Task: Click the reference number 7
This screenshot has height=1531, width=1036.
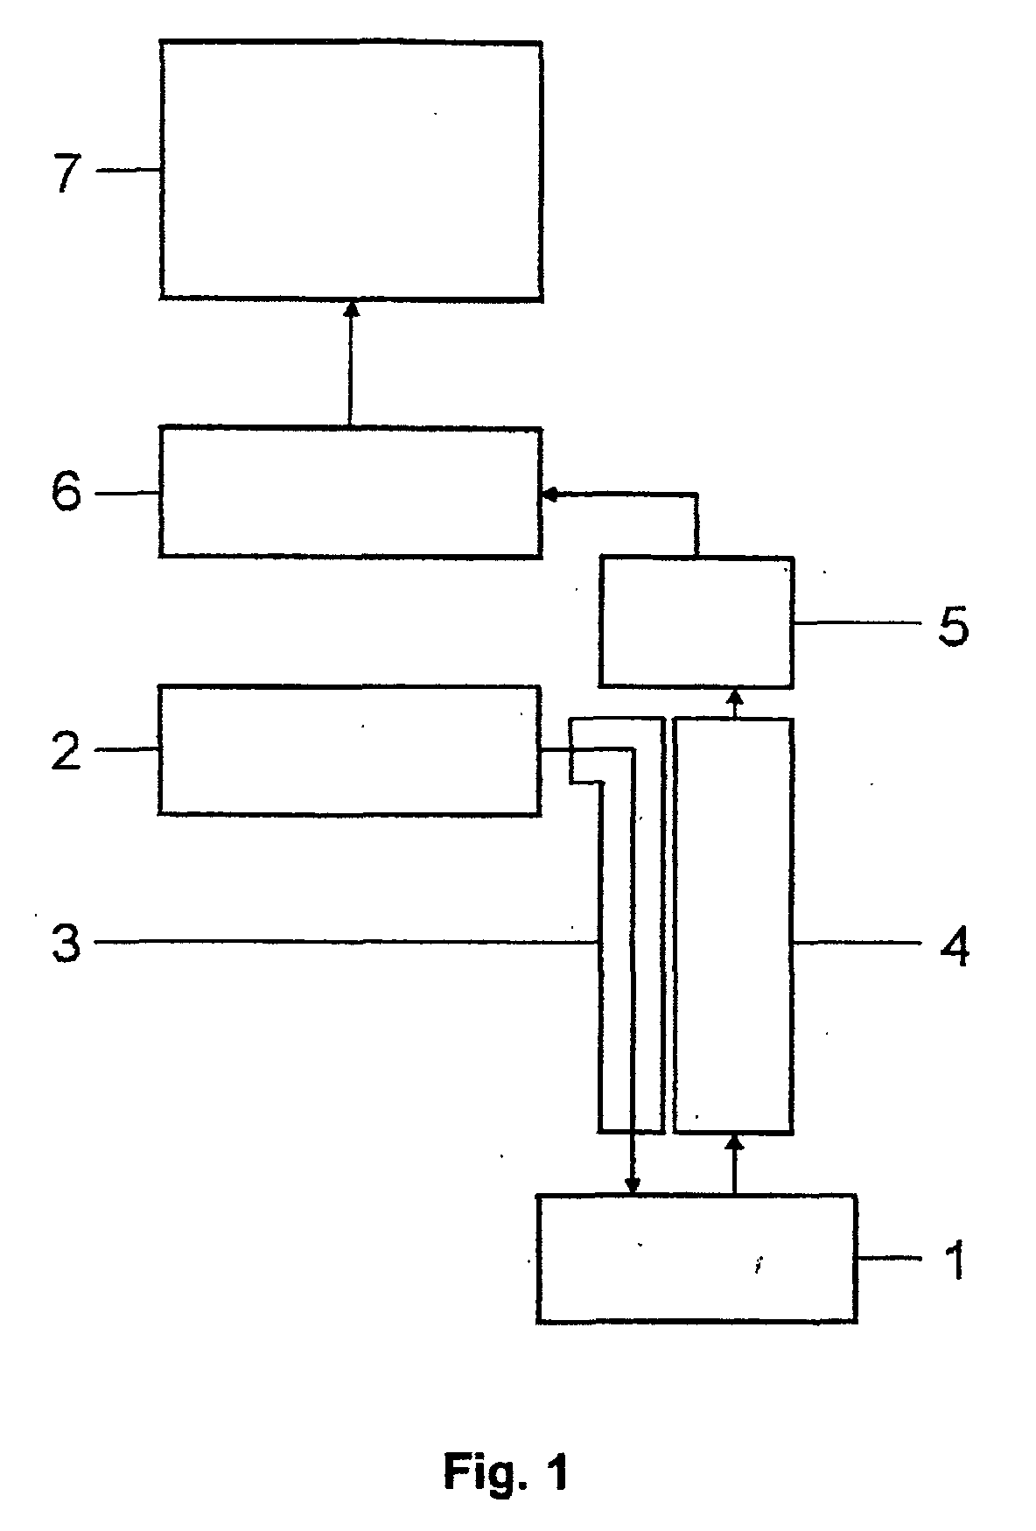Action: [x=67, y=172]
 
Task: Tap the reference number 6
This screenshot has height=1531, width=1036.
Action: [x=66, y=494]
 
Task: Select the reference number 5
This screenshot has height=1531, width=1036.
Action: [x=953, y=627]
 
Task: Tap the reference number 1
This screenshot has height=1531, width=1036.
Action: [x=955, y=1261]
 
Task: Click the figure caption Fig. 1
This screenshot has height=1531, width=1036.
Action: [x=506, y=1471]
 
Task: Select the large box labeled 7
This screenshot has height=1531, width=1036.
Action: [x=350, y=170]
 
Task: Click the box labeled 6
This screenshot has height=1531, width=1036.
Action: [x=350, y=492]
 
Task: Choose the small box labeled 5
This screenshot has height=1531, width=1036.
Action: [x=696, y=622]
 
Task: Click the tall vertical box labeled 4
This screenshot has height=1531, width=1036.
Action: [x=733, y=924]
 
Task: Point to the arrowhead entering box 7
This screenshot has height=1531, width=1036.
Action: [x=351, y=307]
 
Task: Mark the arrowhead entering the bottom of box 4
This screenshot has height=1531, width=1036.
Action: [x=735, y=1141]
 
